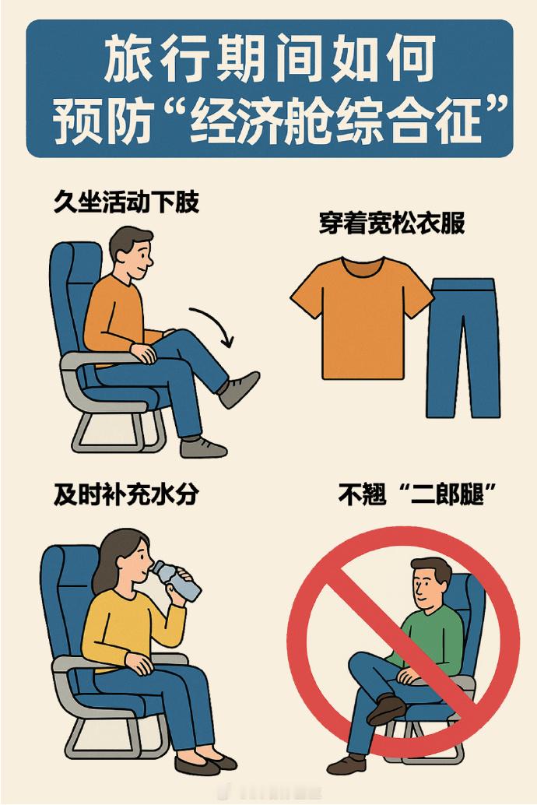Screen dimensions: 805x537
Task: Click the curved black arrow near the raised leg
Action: click(x=213, y=327)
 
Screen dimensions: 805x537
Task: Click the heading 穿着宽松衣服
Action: click(x=391, y=223)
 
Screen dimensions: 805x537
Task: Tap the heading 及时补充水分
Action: click(x=126, y=494)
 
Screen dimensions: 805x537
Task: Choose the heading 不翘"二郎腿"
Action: click(x=416, y=494)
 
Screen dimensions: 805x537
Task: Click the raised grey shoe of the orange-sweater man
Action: click(x=239, y=388)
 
